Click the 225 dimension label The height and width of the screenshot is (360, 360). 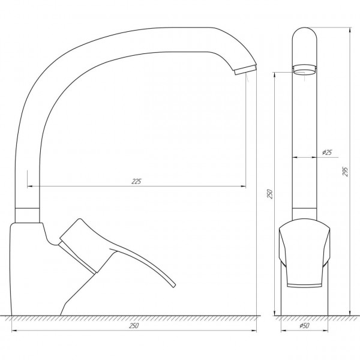click(137, 181)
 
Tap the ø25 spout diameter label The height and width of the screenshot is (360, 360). click(328, 152)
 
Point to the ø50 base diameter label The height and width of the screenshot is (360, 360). click(305, 326)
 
